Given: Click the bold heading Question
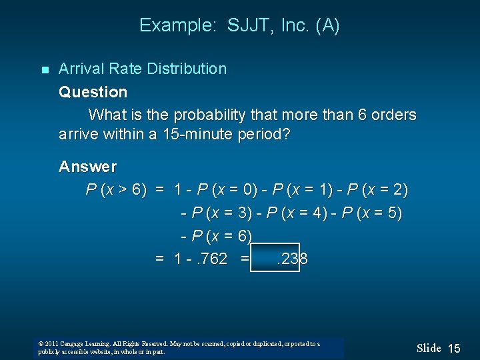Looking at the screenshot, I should (x=93, y=92).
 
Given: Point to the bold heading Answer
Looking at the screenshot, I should (x=87, y=166).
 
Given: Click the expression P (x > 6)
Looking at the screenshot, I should (x=117, y=190).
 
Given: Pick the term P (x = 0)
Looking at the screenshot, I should (x=226, y=190).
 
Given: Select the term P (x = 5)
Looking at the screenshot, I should (x=373, y=213).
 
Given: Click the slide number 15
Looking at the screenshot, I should (x=454, y=348).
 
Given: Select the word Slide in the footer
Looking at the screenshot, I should (x=429, y=348).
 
